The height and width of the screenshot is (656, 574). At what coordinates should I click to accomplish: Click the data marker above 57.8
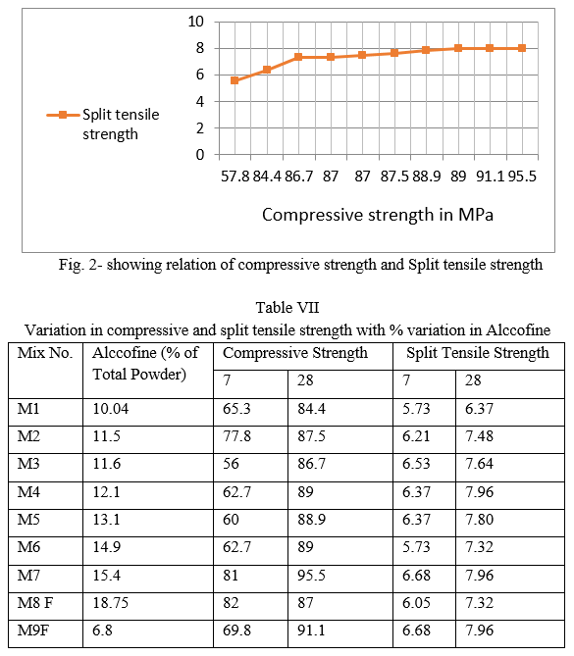(x=235, y=80)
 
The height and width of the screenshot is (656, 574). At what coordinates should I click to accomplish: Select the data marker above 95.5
(x=522, y=48)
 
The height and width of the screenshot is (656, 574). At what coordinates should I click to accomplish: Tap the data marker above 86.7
(x=298, y=57)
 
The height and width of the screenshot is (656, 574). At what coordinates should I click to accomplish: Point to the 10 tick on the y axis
(x=195, y=22)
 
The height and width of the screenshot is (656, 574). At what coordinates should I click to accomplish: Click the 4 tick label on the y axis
(x=200, y=102)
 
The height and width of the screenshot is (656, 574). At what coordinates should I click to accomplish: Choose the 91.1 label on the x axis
(x=491, y=177)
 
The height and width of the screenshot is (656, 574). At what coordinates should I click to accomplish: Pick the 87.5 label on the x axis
(x=394, y=177)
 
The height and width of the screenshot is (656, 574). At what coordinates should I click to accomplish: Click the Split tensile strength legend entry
(x=103, y=125)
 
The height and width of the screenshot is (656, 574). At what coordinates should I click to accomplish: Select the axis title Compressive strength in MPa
(x=378, y=215)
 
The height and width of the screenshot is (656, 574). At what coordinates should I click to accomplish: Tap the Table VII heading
(x=287, y=308)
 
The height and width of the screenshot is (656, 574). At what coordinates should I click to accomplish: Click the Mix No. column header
(x=45, y=353)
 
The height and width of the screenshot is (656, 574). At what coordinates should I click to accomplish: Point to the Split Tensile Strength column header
(x=478, y=353)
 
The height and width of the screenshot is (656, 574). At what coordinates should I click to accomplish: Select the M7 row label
(x=28, y=576)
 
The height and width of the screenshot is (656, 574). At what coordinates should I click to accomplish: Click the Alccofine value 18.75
(x=111, y=603)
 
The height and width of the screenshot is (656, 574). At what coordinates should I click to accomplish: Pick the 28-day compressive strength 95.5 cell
(x=311, y=576)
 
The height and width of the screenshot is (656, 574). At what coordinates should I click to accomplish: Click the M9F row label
(x=32, y=631)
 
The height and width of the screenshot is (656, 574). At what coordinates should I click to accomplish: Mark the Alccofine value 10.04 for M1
(x=111, y=408)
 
